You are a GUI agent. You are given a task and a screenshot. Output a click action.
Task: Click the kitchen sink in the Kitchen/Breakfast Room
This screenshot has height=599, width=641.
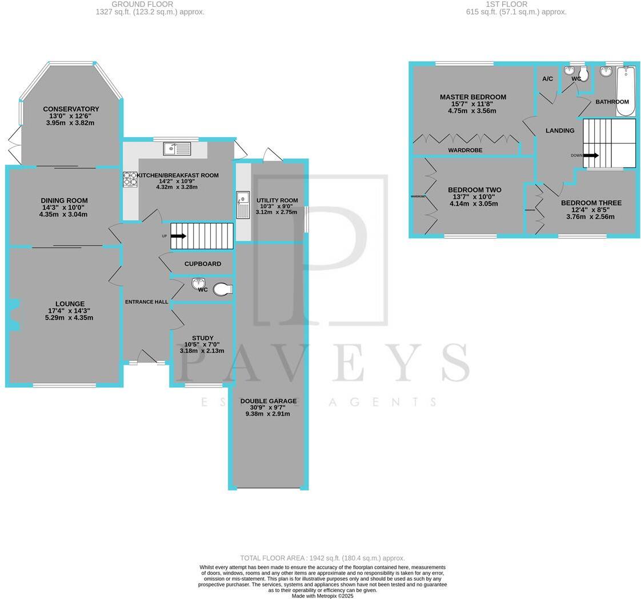click(x=177, y=149)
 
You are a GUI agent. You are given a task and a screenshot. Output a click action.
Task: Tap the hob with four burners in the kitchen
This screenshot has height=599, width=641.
click(x=130, y=179)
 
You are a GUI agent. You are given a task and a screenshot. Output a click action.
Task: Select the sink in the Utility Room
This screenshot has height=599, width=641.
click(x=243, y=205)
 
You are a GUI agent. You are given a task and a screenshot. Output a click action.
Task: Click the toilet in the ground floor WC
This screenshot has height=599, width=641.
click(x=222, y=290)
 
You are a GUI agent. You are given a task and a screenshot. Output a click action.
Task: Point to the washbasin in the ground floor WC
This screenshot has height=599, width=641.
click(x=198, y=283)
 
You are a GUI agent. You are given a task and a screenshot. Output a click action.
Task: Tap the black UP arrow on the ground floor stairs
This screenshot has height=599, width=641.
click(x=178, y=235)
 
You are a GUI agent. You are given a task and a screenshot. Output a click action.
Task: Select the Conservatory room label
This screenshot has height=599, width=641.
click(x=71, y=109)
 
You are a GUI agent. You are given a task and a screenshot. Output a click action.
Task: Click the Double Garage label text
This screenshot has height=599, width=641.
click(x=268, y=401)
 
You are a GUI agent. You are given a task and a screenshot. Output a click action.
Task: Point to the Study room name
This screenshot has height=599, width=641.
click(x=202, y=338)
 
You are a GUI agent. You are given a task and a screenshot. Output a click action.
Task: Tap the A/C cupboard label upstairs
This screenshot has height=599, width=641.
click(x=547, y=79)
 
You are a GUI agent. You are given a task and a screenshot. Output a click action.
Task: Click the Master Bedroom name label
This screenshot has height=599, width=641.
click(x=472, y=97)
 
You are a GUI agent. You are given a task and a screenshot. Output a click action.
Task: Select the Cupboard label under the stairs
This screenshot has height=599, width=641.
click(x=202, y=264)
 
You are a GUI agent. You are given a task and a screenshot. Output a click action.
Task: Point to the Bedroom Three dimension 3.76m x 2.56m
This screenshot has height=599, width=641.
click(x=590, y=217)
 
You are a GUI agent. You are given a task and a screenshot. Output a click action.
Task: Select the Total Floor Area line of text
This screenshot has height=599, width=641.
click(x=322, y=558)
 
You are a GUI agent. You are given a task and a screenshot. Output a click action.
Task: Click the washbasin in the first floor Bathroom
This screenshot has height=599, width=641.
click(x=606, y=71)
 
